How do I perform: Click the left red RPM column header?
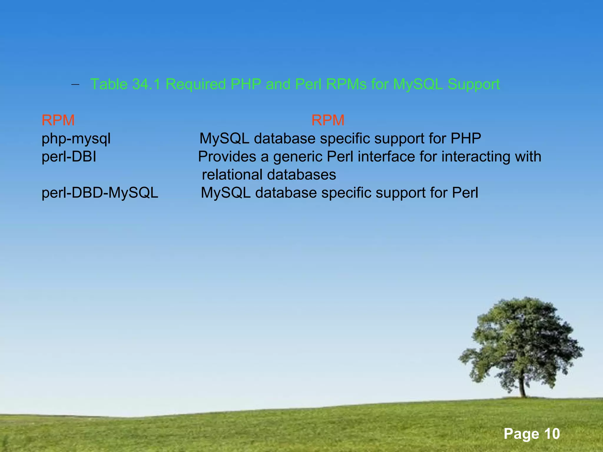[x=58, y=120]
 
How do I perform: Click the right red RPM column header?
[x=328, y=120]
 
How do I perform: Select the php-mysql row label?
[x=76, y=139]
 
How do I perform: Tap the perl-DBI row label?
[x=69, y=157]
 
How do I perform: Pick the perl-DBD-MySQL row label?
[x=100, y=193]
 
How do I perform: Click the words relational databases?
[x=269, y=175]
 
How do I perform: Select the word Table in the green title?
[x=109, y=84]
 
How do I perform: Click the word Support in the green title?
[x=473, y=84]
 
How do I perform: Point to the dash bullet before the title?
[x=75, y=85]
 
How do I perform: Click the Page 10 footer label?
[x=531, y=434]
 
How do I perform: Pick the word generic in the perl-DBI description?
[x=297, y=157]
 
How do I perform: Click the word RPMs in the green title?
[x=347, y=84]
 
